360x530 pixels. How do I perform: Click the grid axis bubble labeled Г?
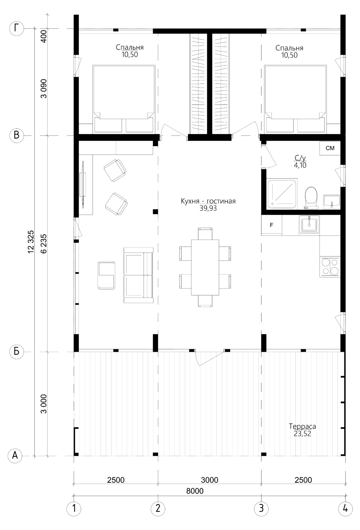pyautogui.click(x=17, y=29)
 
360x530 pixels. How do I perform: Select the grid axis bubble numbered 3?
pyautogui.click(x=261, y=508)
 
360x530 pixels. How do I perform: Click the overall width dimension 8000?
pyautogui.click(x=195, y=491)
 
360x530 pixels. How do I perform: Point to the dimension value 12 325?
pyautogui.click(x=31, y=242)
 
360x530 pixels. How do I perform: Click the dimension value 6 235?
pyautogui.click(x=44, y=244)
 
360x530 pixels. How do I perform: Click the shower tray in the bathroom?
pyautogui.click(x=282, y=193)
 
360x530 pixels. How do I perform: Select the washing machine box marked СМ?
pyautogui.click(x=330, y=148)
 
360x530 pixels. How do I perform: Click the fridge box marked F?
pyautogui.click(x=271, y=225)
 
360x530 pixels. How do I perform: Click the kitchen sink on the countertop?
pyautogui.click(x=309, y=224)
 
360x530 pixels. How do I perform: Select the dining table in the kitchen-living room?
pyautogui.click(x=205, y=267)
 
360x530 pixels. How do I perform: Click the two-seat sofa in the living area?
pyautogui.click(x=138, y=275)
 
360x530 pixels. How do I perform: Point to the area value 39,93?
pyautogui.click(x=208, y=209)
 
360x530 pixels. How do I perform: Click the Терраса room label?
pyautogui.click(x=302, y=427)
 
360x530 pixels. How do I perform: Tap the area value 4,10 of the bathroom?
pyautogui.click(x=300, y=165)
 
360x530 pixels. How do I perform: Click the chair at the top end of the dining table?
pyautogui.click(x=205, y=234)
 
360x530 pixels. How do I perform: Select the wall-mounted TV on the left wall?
pyautogui.click(x=83, y=185)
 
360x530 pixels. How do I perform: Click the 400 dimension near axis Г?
pyautogui.click(x=44, y=36)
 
